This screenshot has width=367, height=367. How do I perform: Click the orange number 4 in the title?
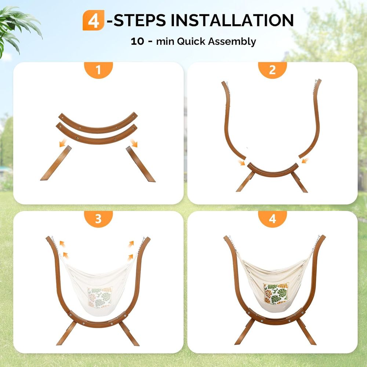tap(93, 20)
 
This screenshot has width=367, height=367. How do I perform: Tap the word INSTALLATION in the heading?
tap(232, 20)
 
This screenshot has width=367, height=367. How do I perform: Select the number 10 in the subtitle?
tap(137, 41)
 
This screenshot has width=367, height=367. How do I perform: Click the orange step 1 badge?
tap(98, 70)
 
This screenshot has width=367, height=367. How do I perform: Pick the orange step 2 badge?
tap(272, 70)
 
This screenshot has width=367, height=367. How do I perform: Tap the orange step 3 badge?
tap(98, 219)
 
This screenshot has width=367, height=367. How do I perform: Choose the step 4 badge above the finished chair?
tap(272, 219)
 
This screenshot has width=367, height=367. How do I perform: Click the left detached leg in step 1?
tap(56, 163)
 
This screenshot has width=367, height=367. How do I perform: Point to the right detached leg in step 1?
tap(141, 164)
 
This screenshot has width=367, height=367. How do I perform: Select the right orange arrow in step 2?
tap(305, 161)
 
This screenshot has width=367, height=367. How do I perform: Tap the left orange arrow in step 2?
tap(241, 163)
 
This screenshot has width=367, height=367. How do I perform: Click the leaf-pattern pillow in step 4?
tap(276, 293)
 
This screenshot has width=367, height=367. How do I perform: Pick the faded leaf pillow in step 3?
tap(100, 297)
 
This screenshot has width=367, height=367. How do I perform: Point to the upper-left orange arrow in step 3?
tap(62, 244)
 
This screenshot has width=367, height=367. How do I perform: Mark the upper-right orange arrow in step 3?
tap(131, 244)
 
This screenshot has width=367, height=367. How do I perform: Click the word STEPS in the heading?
tap(140, 20)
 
